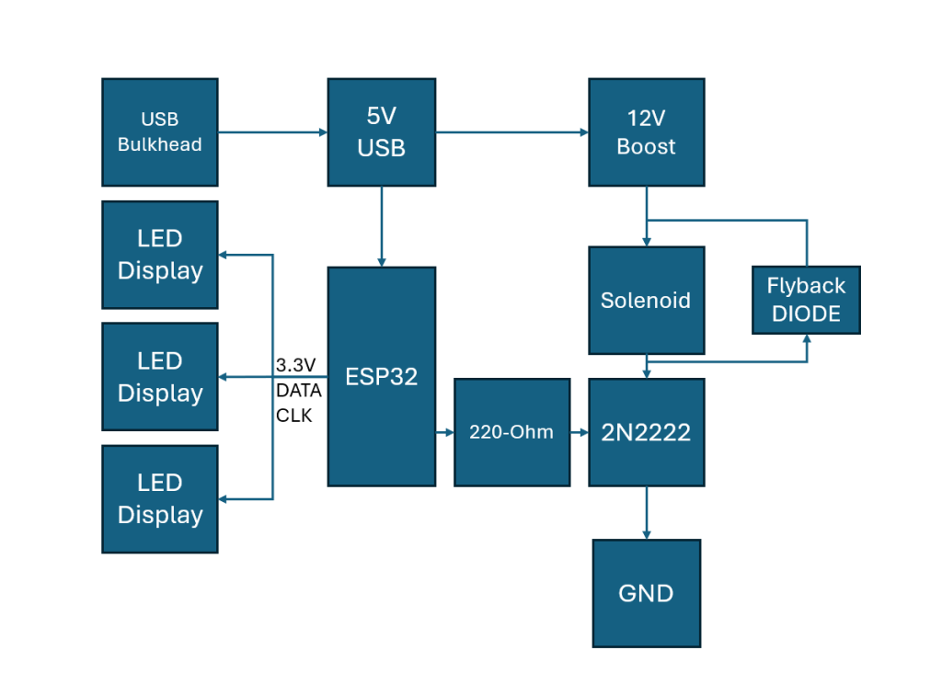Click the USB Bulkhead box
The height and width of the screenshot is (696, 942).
coord(159,132)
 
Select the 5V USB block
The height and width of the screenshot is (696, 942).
coord(381,132)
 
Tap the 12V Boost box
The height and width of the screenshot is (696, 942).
coord(646,132)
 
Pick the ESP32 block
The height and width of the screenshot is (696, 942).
coord(381,376)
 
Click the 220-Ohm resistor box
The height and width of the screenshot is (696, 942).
coord(511,431)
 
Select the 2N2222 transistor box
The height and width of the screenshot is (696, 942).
coord(646,431)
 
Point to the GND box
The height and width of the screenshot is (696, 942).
coord(646,593)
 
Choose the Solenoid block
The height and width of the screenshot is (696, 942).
coord(646,300)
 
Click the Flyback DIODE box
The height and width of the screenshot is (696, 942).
coord(806,300)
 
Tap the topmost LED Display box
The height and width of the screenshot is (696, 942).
coord(159,255)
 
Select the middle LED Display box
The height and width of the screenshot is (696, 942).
coord(159,376)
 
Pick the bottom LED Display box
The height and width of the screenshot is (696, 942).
coord(159,498)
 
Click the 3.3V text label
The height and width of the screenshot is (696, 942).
coord(296,365)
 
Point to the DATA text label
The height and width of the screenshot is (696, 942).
coord(299,391)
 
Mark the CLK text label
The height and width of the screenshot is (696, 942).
coord(294,416)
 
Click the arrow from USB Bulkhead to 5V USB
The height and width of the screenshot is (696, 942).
coord(272,132)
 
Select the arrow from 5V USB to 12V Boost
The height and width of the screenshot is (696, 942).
coord(511,132)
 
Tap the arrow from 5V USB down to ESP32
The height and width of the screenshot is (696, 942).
coord(381,226)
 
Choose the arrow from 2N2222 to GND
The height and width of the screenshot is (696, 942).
coord(646,512)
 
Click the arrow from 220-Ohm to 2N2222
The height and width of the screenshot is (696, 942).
coord(580,431)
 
